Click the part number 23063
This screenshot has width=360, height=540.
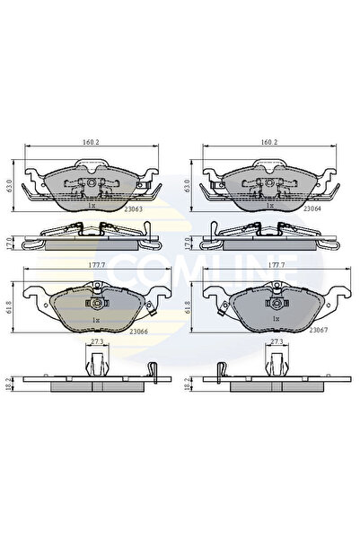tap(137, 208)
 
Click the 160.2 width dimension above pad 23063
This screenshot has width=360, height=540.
tap(91, 143)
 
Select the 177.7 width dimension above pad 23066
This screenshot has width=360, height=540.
tap(91, 266)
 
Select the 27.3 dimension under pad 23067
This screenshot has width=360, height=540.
tap(274, 343)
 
